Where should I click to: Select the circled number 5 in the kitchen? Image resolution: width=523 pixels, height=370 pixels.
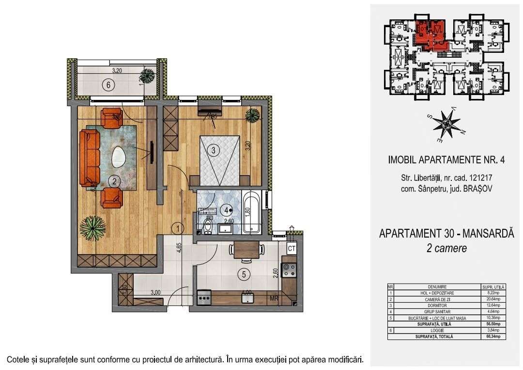point(245,274)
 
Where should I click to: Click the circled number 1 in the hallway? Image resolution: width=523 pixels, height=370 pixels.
point(180,226)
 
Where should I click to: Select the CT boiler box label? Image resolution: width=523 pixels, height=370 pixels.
point(292,249)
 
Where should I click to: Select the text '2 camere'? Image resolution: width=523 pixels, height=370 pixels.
point(446,248)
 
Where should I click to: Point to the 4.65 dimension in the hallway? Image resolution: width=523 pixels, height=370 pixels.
point(179,249)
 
